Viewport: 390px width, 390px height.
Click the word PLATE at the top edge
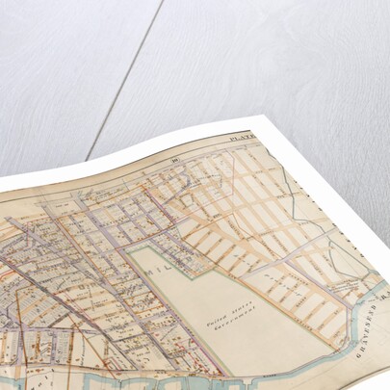click(238, 139)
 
